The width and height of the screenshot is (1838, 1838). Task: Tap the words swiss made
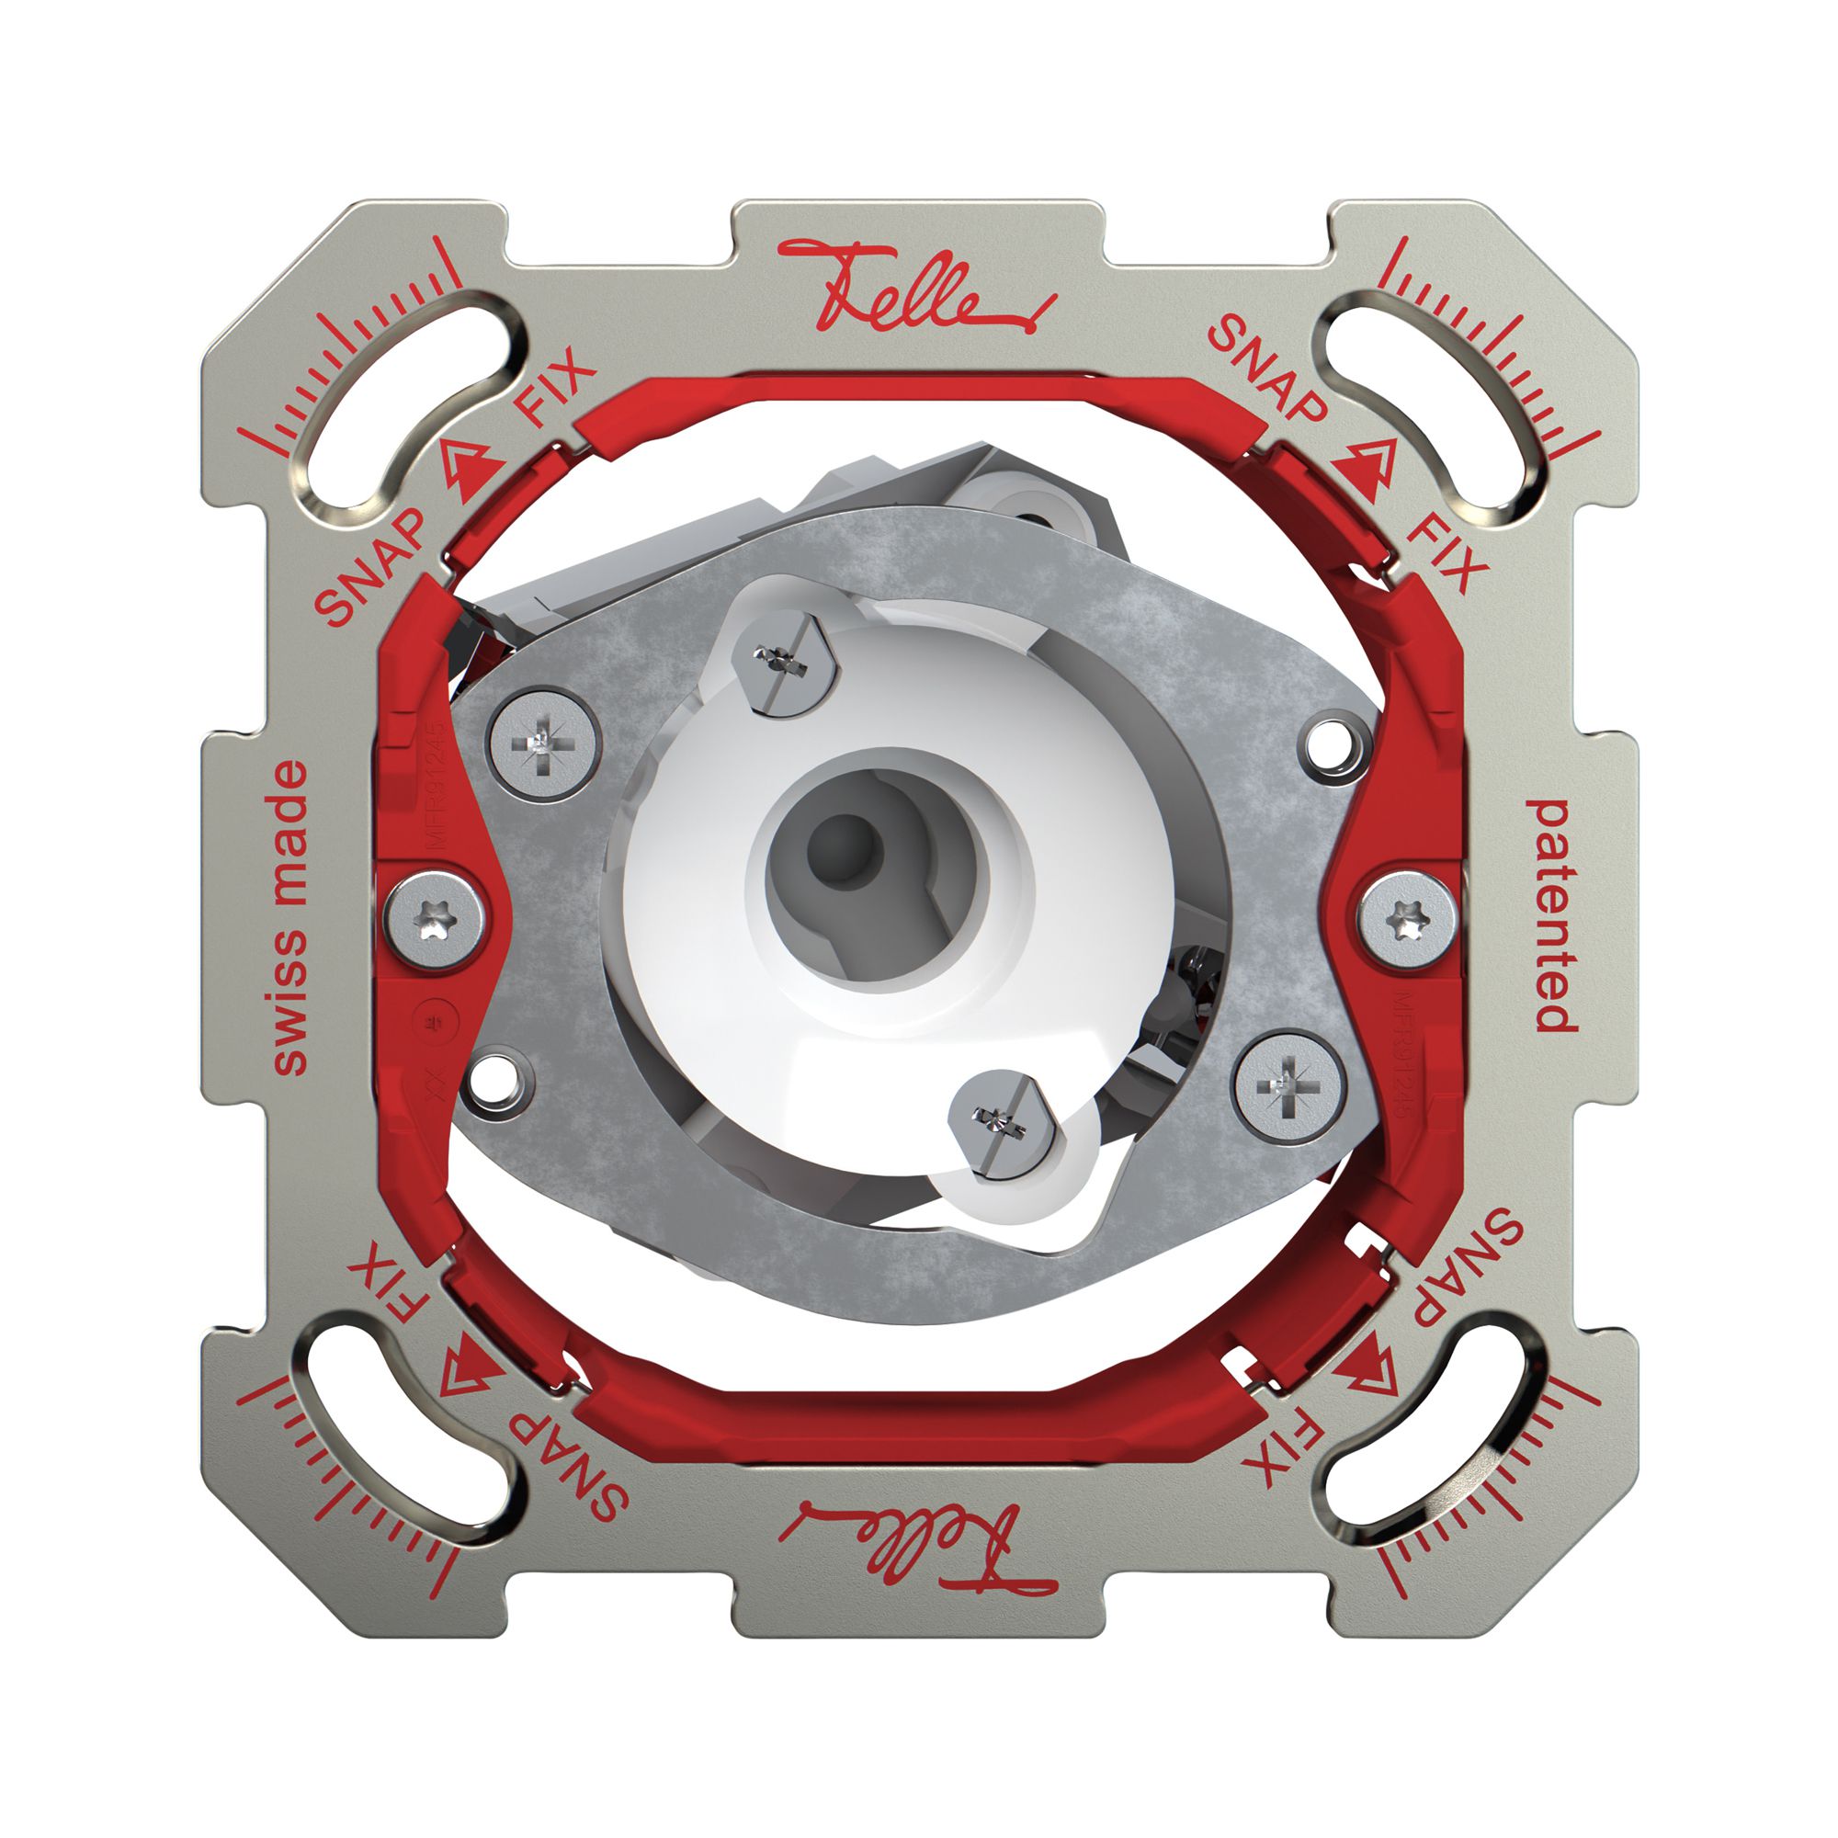[289, 917]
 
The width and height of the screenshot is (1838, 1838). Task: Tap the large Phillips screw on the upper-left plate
[544, 741]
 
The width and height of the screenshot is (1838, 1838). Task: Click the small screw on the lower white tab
[1006, 1123]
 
